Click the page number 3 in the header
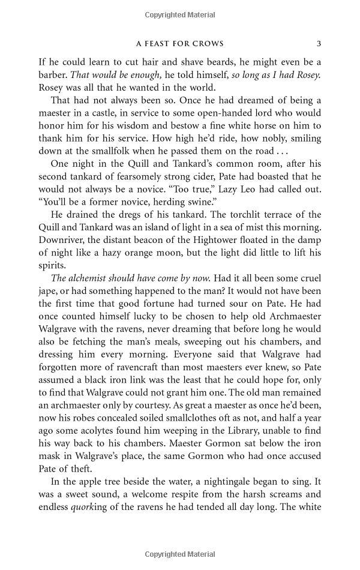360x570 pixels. pyautogui.click(x=319, y=43)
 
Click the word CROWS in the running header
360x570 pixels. pyautogui.click(x=206, y=43)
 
